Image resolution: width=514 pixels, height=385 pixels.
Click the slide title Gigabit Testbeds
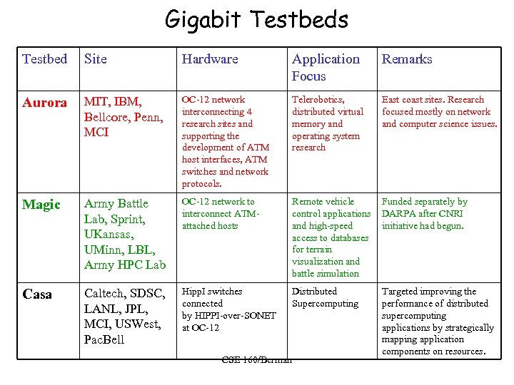pos(256,19)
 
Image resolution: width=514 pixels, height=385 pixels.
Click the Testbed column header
pos(44,59)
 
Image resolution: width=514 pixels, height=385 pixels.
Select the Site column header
pos(95,59)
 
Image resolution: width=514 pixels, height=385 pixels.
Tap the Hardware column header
pos(210,59)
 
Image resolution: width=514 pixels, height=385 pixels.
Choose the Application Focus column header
pos(326,67)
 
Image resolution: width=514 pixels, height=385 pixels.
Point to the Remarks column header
pos(407,59)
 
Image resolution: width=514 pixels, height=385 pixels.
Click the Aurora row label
pos(44,103)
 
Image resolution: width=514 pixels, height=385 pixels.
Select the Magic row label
pos(41,205)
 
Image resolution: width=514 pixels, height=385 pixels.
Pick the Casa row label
pos(37,294)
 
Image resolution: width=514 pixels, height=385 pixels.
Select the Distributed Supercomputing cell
pos(325,297)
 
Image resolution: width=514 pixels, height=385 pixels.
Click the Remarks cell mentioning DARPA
pos(424,214)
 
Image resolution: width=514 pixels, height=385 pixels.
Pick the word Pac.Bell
pos(104,340)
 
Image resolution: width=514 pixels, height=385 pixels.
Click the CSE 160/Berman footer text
pos(257,359)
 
